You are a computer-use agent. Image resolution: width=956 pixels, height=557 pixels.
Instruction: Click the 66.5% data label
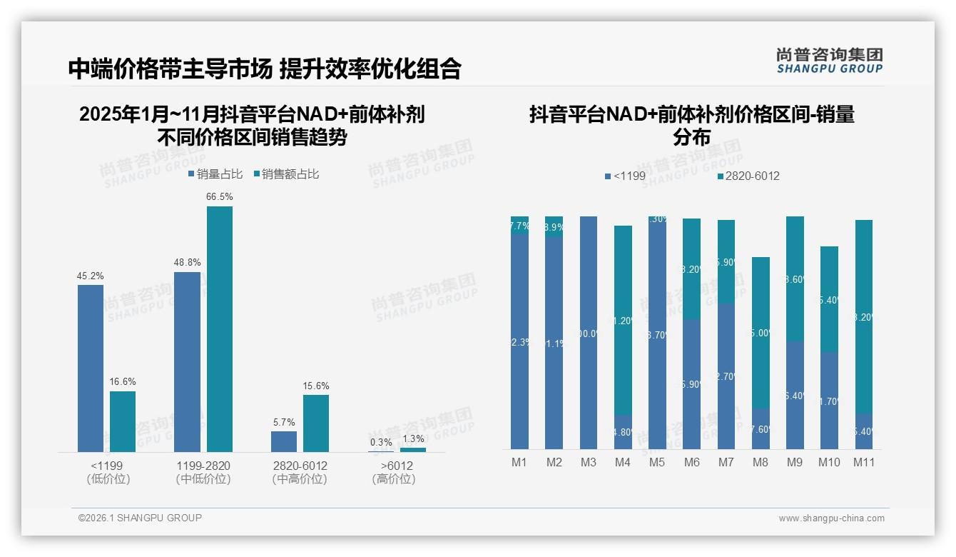[x=220, y=196]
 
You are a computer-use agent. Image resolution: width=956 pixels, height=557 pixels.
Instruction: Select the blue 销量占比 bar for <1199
[x=91, y=368]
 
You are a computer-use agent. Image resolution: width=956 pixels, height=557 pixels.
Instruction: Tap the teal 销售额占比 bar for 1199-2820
[x=220, y=328]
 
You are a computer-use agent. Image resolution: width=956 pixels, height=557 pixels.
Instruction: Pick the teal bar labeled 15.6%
[x=316, y=423]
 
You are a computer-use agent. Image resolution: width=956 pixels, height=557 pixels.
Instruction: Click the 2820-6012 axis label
[x=300, y=466]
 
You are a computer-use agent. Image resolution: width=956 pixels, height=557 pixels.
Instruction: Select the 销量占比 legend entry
[x=215, y=174]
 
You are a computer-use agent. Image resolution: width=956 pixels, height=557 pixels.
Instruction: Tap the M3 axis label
[x=588, y=462]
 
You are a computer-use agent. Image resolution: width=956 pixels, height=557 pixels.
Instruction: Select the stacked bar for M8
[x=761, y=353]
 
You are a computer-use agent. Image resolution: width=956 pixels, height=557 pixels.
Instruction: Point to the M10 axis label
[x=829, y=462]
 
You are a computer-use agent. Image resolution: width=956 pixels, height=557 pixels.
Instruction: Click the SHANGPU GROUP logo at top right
[x=829, y=61]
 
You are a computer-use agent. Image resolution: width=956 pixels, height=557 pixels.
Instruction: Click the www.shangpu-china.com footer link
[x=831, y=518]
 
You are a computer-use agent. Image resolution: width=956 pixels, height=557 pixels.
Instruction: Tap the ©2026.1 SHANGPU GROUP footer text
[x=140, y=518]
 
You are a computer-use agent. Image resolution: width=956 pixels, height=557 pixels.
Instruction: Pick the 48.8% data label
[x=187, y=262]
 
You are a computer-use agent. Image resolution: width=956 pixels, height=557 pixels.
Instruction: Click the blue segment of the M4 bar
[x=623, y=432]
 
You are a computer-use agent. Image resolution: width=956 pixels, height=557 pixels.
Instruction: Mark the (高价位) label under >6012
[x=394, y=479]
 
